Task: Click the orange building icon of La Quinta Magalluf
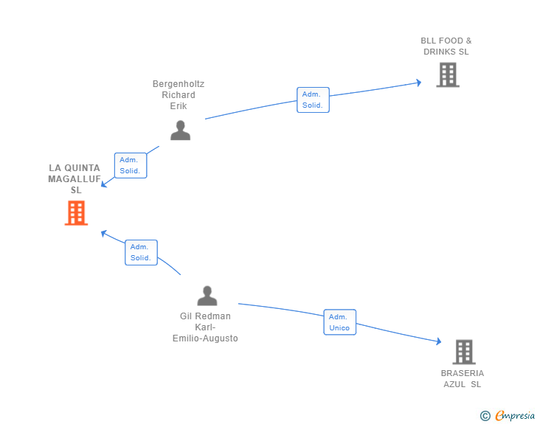pyautogui.click(x=76, y=212)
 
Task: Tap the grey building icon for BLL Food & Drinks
pyautogui.click(x=448, y=74)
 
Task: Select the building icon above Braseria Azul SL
pyautogui.click(x=464, y=352)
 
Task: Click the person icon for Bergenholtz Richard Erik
pyautogui.click(x=180, y=130)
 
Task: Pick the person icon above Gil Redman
pyautogui.click(x=207, y=296)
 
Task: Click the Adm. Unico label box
pyautogui.click(x=340, y=322)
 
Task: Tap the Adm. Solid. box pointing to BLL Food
pyautogui.click(x=313, y=100)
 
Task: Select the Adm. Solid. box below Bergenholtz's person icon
pyautogui.click(x=131, y=165)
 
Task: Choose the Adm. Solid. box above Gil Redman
pyautogui.click(x=141, y=252)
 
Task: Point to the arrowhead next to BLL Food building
pyautogui.click(x=418, y=83)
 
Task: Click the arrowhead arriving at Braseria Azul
pyautogui.click(x=438, y=341)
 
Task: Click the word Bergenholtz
pyautogui.click(x=179, y=84)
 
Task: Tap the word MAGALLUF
pyautogui.click(x=75, y=179)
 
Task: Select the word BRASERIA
pyautogui.click(x=462, y=373)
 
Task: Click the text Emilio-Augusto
pyautogui.click(x=205, y=338)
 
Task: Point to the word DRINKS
pyautogui.click(x=440, y=52)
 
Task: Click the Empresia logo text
pyautogui.click(x=515, y=416)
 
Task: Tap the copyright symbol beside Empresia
pyautogui.click(x=485, y=416)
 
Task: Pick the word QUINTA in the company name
pyautogui.click(x=82, y=168)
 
